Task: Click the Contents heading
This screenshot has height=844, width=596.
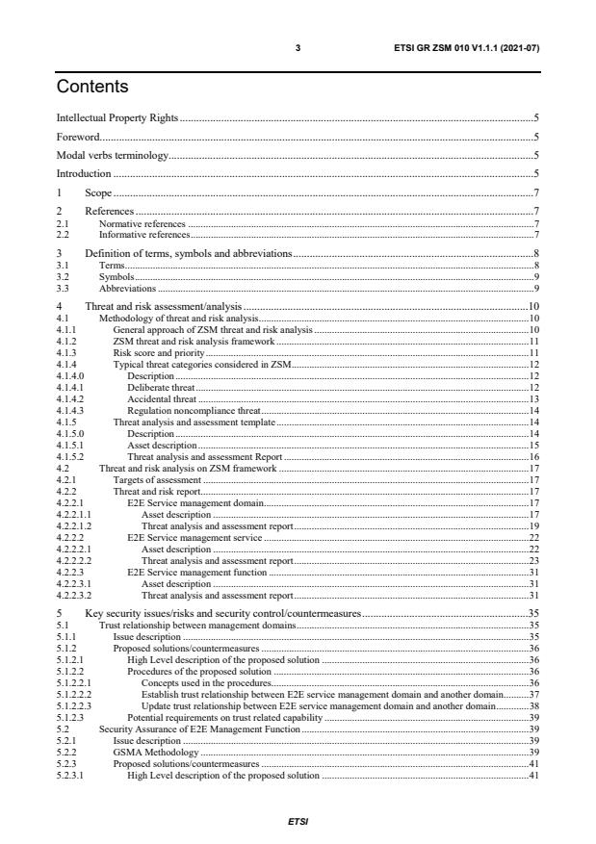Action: click(x=92, y=87)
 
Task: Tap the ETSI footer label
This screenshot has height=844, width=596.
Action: click(x=298, y=823)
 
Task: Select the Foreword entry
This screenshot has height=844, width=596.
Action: click(x=78, y=137)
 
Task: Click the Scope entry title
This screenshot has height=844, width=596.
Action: click(x=98, y=192)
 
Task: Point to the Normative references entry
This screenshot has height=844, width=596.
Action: click(x=143, y=222)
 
